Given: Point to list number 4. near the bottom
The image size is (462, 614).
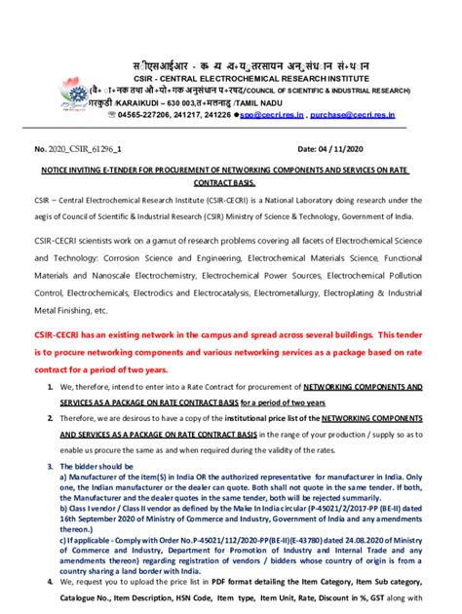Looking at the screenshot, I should tap(50, 580).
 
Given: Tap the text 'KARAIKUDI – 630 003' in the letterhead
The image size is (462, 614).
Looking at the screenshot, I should tap(157, 100).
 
